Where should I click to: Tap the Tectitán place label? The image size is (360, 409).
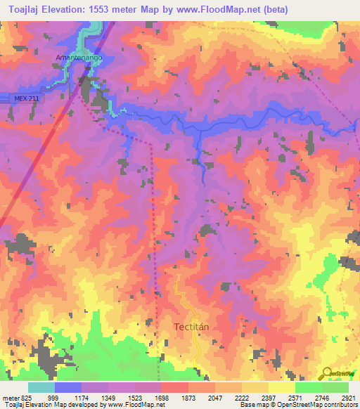(192, 327)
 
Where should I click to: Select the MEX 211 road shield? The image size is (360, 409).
(25, 98)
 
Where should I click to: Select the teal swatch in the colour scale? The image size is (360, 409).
(41, 387)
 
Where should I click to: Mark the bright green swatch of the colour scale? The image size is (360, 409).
(309, 387)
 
